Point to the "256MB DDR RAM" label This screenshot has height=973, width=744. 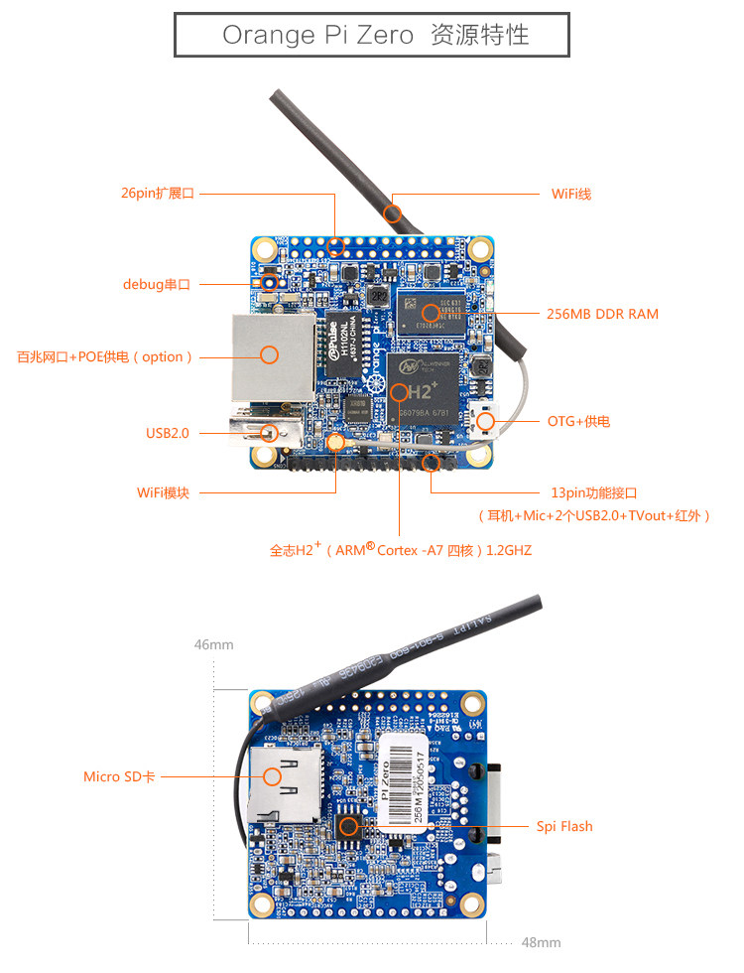[x=602, y=314]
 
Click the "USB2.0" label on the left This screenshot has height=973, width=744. [x=167, y=433]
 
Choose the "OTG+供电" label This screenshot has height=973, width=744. [x=578, y=421]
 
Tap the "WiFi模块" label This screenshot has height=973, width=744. [x=163, y=492]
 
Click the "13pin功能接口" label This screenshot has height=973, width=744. [x=593, y=492]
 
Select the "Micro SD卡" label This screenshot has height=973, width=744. [x=119, y=776]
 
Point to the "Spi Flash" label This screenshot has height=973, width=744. [x=564, y=826]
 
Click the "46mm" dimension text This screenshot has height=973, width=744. [x=213, y=644]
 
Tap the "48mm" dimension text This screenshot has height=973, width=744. [x=541, y=942]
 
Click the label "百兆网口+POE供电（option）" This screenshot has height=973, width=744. [x=105, y=356]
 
